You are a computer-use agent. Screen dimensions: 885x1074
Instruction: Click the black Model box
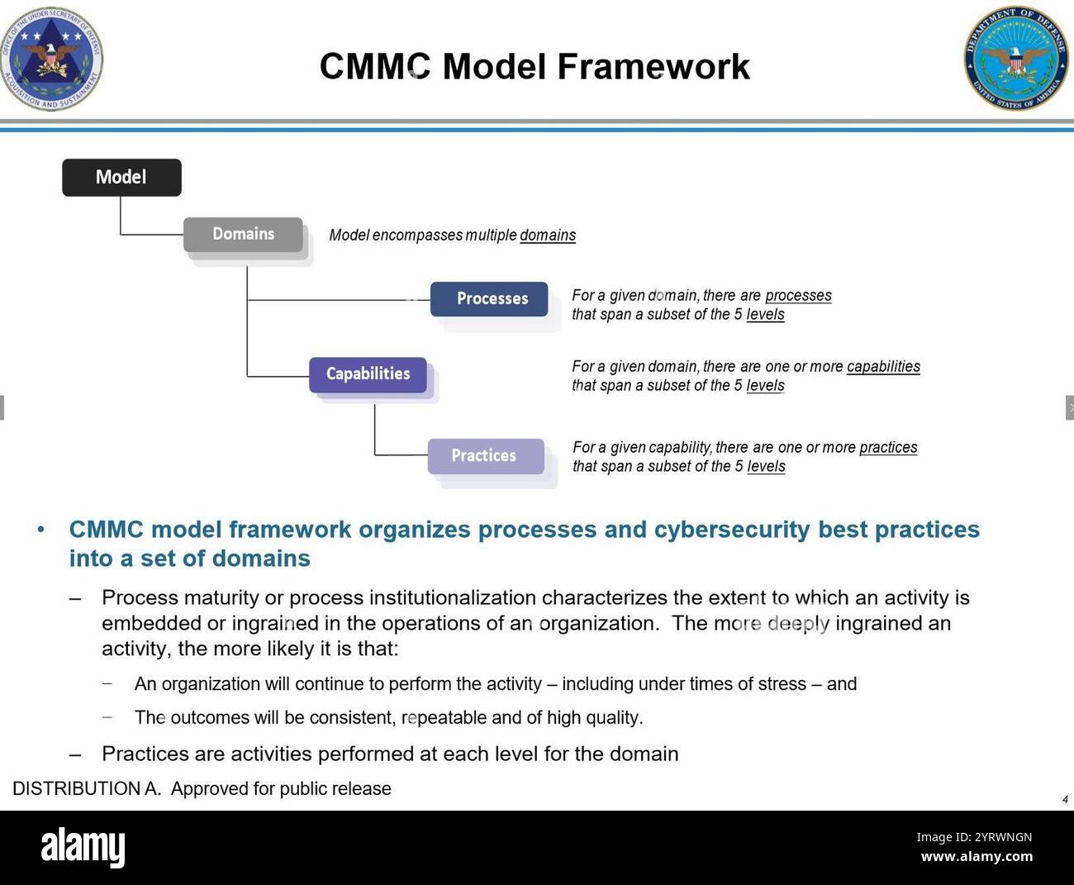click(121, 177)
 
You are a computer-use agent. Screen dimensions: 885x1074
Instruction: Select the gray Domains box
click(243, 234)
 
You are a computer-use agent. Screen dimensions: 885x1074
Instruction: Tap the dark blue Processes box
click(489, 298)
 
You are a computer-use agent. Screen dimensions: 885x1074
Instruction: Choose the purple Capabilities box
click(368, 374)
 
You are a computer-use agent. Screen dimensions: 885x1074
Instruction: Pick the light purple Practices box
click(486, 455)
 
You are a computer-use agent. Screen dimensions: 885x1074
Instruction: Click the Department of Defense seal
click(1015, 59)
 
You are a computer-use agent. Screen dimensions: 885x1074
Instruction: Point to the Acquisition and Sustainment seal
click(51, 59)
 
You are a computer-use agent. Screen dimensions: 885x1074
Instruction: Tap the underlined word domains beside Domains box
click(548, 236)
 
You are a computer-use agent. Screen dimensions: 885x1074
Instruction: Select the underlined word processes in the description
click(798, 296)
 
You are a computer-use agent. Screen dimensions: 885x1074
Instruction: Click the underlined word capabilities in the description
click(883, 367)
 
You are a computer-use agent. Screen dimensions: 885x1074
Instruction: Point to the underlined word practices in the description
click(888, 448)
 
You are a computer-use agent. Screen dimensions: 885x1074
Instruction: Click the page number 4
click(1065, 799)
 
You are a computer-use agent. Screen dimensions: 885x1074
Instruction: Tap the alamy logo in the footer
click(83, 848)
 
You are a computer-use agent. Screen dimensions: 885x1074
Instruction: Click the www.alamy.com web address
click(977, 857)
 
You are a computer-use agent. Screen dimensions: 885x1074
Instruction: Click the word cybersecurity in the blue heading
click(732, 530)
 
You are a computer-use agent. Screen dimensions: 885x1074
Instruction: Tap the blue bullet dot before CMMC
click(40, 530)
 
